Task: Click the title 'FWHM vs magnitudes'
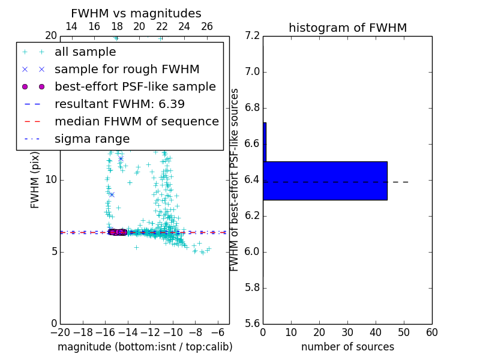[136, 13]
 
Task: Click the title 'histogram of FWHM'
[347, 28]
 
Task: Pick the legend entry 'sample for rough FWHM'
[127, 70]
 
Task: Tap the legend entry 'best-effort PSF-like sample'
[135, 87]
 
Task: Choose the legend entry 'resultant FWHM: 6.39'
[119, 104]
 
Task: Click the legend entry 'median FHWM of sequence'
[136, 122]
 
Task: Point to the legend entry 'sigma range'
[92, 139]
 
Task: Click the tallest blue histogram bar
[325, 181]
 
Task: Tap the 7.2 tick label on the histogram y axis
[253, 36]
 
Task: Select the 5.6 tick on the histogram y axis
[253, 324]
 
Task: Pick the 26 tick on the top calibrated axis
[207, 26]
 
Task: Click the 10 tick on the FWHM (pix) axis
[50, 180]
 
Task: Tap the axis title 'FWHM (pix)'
[35, 180]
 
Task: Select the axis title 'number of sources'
[347, 347]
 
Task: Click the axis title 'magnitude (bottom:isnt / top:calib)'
[145, 347]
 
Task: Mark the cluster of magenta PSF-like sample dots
[118, 232]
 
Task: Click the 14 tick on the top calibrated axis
[71, 26]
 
